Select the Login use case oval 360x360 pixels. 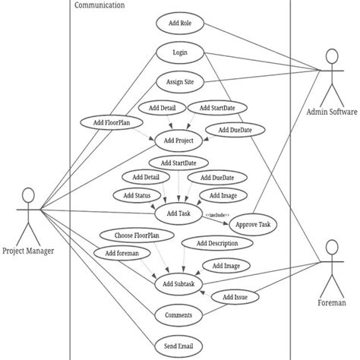[180, 53]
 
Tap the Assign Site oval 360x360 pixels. [180, 81]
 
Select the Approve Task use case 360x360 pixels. [254, 225]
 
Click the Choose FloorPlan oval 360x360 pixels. [131, 235]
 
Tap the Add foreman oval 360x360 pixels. [117, 253]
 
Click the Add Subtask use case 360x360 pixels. [179, 284]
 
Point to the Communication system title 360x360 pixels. [100, 5]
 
